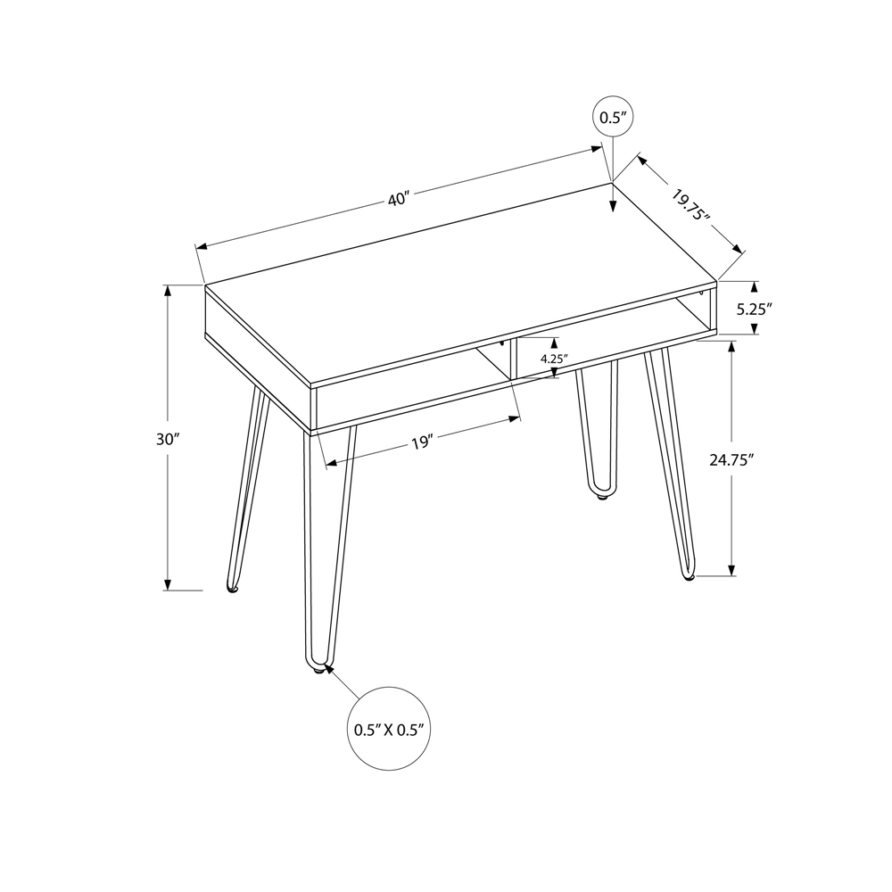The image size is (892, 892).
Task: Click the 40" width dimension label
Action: click(398, 198)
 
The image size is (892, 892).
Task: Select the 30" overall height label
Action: click(167, 439)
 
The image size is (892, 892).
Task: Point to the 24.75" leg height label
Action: click(731, 459)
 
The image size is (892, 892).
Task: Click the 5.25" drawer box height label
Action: click(754, 309)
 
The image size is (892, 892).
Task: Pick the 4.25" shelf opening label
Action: click(554, 359)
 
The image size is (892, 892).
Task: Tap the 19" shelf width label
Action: click(422, 442)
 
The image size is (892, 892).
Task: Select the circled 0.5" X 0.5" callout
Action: click(387, 729)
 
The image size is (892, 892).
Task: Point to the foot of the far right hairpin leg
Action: click(688, 577)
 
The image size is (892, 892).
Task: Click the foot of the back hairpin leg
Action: click(601, 496)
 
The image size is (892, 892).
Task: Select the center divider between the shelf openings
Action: click(511, 360)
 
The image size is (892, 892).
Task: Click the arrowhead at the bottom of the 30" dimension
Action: click(167, 583)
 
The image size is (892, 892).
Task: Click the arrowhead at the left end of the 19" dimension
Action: click(331, 462)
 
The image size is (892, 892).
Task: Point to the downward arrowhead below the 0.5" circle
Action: click(612, 207)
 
